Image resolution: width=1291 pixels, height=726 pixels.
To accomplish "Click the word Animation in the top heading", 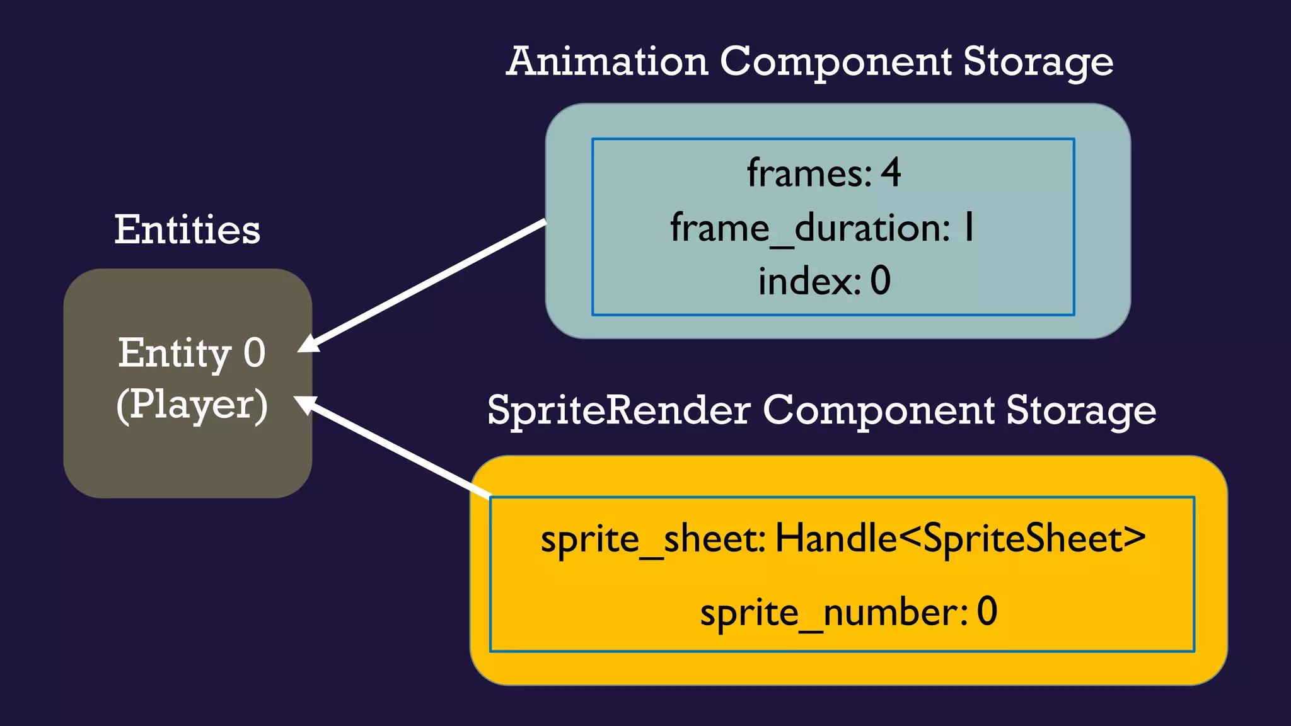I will coord(607,62).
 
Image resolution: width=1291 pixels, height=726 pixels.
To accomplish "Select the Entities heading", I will coord(187,229).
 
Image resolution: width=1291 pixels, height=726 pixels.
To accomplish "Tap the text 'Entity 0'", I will coord(192,353).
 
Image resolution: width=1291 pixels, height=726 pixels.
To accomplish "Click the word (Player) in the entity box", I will coord(192,405).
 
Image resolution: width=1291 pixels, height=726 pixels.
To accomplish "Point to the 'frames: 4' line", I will coord(824,173).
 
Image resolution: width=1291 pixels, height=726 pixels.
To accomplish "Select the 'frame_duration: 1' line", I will coord(823,228).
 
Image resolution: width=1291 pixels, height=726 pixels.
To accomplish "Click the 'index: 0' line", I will coord(824,281).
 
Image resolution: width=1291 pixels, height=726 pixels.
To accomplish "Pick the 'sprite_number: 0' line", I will coord(848,612).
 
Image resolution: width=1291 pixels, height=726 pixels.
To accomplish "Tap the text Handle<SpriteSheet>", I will coord(960,539).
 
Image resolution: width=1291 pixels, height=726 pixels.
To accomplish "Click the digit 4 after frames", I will coord(891,173).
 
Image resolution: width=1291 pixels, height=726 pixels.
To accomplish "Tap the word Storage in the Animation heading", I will coord(1038,62).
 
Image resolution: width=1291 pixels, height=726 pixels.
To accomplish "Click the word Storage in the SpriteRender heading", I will coord(1080,411).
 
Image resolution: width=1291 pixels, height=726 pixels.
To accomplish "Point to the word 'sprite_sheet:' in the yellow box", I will coord(653,540).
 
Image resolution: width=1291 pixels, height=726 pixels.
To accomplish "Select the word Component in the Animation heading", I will coord(835,62).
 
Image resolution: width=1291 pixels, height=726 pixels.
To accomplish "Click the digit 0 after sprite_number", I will coord(987,611).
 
